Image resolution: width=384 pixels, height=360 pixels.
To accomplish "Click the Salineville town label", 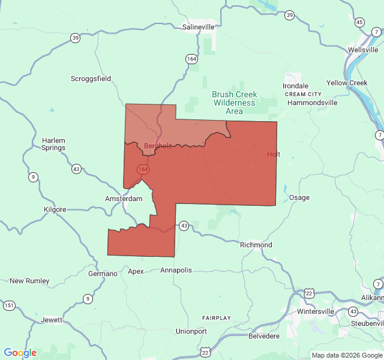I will click(x=198, y=27).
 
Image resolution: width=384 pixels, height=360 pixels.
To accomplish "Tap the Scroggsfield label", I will click(x=91, y=79).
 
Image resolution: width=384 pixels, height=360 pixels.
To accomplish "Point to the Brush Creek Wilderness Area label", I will click(x=235, y=103).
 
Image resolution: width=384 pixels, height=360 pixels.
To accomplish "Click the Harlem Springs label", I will click(x=53, y=144).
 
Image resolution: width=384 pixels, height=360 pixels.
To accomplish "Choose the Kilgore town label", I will click(x=56, y=209).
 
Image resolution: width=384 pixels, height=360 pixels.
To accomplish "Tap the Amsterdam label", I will click(x=124, y=199).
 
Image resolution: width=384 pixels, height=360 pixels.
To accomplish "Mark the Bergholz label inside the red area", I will click(x=158, y=146).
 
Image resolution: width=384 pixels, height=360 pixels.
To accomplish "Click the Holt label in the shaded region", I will click(x=274, y=154).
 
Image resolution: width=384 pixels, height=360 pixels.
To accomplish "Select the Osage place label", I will click(x=299, y=197).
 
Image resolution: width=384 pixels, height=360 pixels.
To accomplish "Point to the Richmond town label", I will click(x=256, y=245).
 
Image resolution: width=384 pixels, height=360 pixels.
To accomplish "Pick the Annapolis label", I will click(x=176, y=270).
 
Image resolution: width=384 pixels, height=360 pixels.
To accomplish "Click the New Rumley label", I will click(x=29, y=281).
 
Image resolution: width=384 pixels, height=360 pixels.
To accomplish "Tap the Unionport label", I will click(x=191, y=331).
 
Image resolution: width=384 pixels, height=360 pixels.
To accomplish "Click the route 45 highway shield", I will click(x=359, y=22).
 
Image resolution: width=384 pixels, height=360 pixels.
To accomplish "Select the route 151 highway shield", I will click(x=9, y=305).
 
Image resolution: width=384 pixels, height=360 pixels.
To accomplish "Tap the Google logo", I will click(x=20, y=353).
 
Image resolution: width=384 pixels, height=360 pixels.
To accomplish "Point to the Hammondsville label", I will click(x=312, y=103).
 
